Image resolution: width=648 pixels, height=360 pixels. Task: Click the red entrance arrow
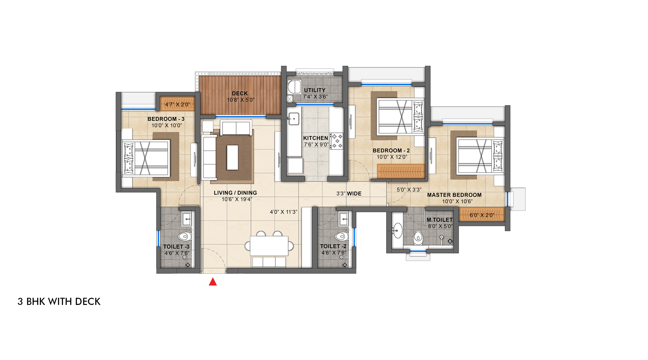(213, 282)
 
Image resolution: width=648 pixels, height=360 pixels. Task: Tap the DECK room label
(240, 93)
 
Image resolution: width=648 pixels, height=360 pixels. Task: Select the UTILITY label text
(315, 90)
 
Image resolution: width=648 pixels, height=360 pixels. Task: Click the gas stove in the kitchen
(336, 141)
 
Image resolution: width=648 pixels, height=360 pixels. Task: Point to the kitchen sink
(294, 119)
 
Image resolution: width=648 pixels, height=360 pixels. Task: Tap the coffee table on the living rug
(232, 157)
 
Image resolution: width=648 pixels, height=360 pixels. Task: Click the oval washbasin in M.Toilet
(397, 230)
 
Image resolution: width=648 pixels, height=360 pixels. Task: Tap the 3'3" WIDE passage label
(349, 193)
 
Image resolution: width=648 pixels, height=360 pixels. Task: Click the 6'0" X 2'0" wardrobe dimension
(482, 215)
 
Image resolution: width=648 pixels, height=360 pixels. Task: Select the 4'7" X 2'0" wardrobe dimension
(177, 104)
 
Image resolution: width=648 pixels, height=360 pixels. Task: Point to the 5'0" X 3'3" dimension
(409, 190)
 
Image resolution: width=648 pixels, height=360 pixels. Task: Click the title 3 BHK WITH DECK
(59, 302)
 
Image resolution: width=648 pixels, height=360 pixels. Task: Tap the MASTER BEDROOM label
(454, 195)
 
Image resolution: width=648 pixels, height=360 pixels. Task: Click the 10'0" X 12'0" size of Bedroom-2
(392, 157)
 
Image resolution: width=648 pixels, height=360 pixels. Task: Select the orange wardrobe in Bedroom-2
(401, 171)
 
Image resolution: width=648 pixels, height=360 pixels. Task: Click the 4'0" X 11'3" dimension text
(283, 212)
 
